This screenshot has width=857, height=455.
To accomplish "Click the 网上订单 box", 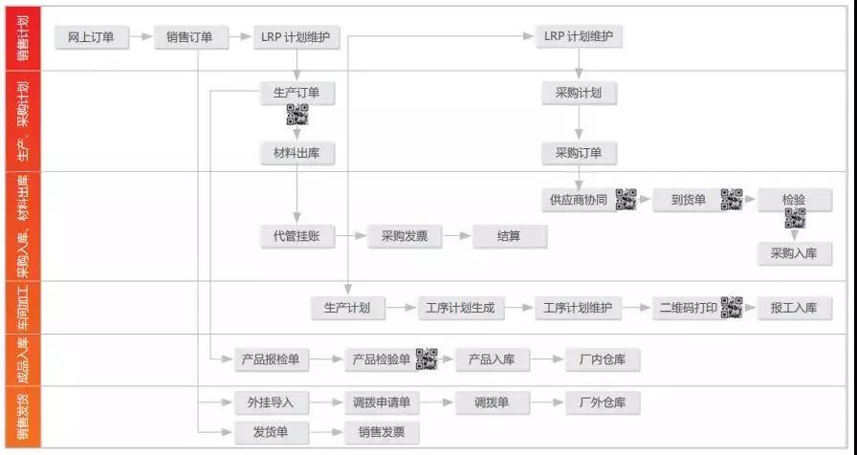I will coord(91,37).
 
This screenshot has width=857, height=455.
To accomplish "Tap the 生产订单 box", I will coord(297,93).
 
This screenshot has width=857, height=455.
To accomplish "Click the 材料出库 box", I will coord(297,152).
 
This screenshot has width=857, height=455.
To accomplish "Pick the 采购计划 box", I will coord(579,93).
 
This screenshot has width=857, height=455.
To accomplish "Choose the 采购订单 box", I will coord(579,152).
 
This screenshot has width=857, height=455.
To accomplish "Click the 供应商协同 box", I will coord(579,200).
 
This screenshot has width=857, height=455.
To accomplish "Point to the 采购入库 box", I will coord(795,253).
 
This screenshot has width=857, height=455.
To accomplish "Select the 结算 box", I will coord(510,236).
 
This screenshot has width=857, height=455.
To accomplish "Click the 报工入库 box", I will coord(795,308).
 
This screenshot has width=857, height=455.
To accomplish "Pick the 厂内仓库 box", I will coord(603,359).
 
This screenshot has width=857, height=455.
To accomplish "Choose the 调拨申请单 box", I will coord(382,402).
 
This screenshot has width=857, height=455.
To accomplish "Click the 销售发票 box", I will coord(382,432).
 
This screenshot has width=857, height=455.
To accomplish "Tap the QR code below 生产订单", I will coord(297,117).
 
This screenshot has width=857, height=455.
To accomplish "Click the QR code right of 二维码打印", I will coord(732,308).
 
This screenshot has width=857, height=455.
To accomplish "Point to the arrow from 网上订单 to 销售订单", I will coord(141,37).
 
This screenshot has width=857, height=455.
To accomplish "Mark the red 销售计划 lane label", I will coord(23,38).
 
